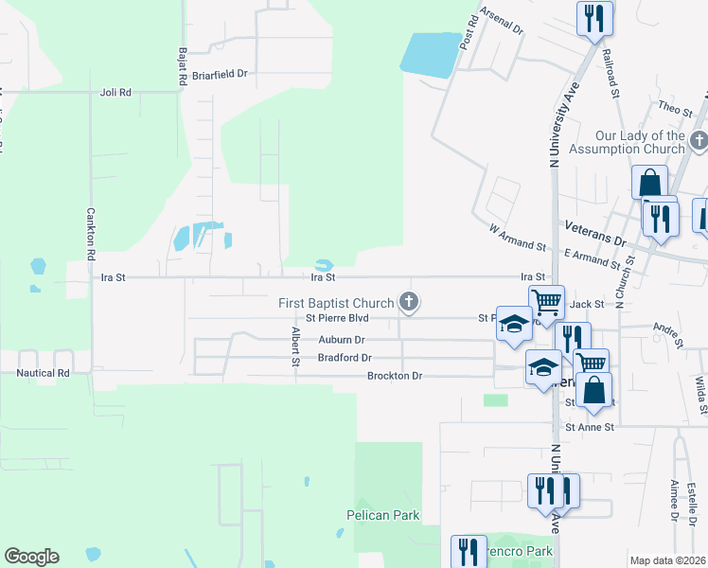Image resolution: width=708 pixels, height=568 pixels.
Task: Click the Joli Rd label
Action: (115, 93)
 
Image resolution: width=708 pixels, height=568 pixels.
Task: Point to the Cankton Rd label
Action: (92, 235)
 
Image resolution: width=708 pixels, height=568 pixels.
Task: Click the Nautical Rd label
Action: (44, 373)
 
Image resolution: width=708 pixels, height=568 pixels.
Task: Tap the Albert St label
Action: (296, 347)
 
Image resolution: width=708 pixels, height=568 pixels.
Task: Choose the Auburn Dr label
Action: (342, 339)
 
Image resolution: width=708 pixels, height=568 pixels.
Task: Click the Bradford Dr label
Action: (345, 358)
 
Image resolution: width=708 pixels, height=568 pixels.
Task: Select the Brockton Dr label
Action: (394, 376)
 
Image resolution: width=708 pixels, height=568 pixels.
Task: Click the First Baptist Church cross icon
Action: (409, 303)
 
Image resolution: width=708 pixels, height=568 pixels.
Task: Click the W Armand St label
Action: (518, 237)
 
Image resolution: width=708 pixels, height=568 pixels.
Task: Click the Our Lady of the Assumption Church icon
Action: (699, 142)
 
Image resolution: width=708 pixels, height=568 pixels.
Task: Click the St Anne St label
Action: (590, 427)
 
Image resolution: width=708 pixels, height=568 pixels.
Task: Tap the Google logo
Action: (31, 557)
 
